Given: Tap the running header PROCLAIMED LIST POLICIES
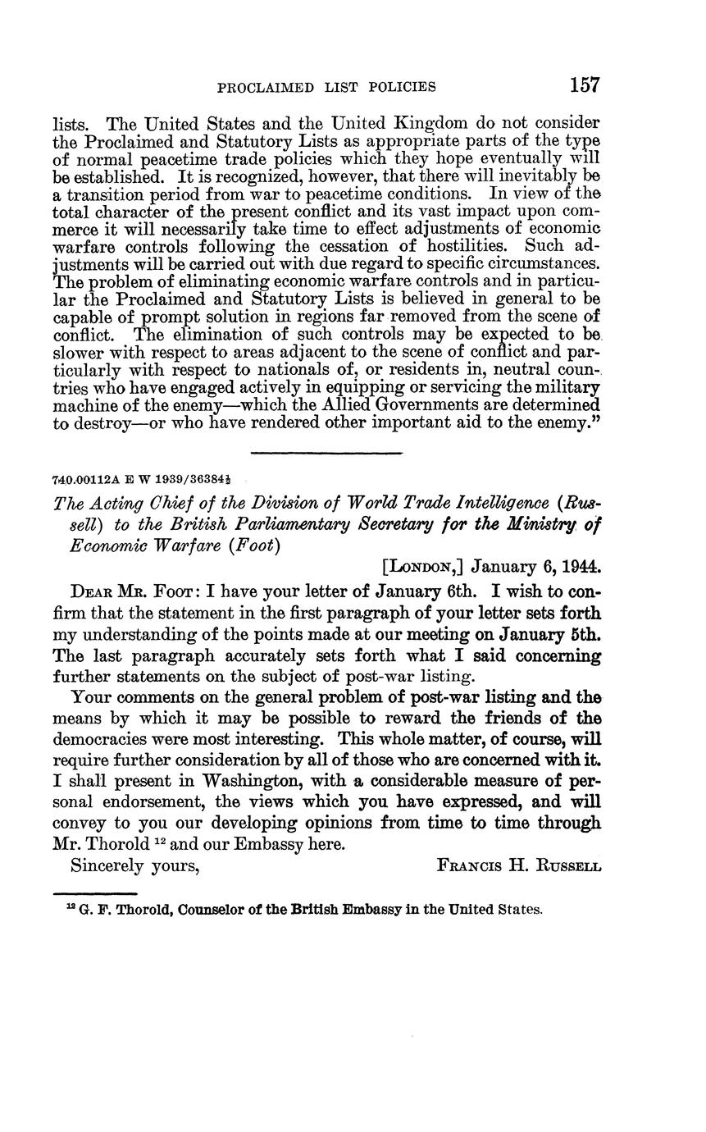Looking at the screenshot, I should pos(326,87).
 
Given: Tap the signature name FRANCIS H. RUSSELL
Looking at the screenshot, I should pos(520,865).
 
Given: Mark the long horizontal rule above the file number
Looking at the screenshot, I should pos(326,453).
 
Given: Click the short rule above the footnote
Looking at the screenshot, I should pos(94,893).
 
